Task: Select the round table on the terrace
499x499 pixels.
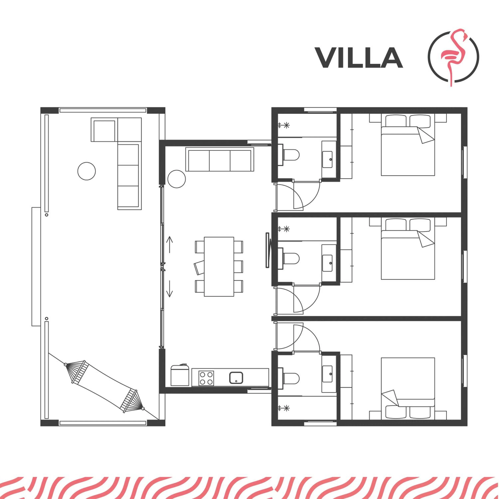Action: click(x=86, y=171)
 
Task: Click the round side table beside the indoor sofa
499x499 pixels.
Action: click(x=176, y=179)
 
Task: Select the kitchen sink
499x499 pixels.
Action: click(x=236, y=378)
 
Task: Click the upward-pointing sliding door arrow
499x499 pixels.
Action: click(x=169, y=245)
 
